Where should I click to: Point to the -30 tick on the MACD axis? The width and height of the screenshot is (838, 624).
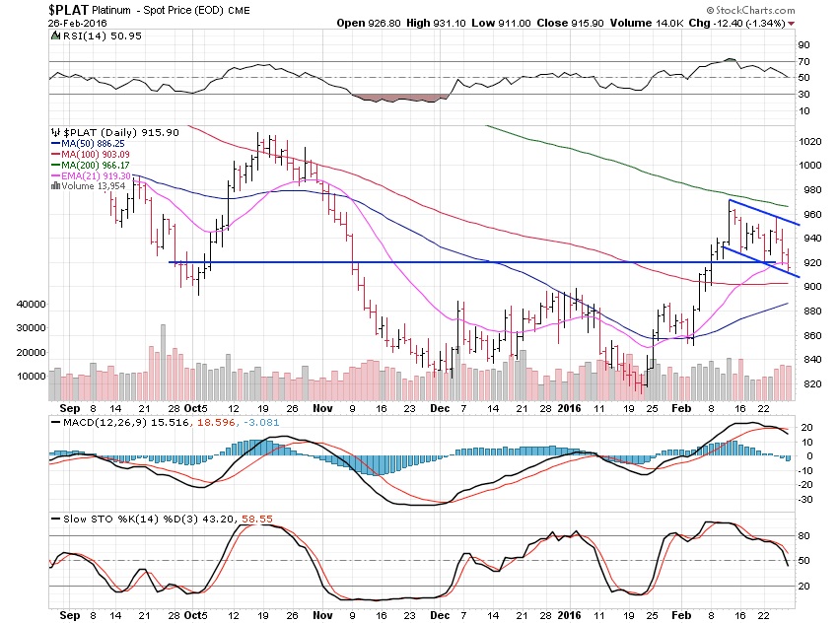(x=805, y=499)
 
